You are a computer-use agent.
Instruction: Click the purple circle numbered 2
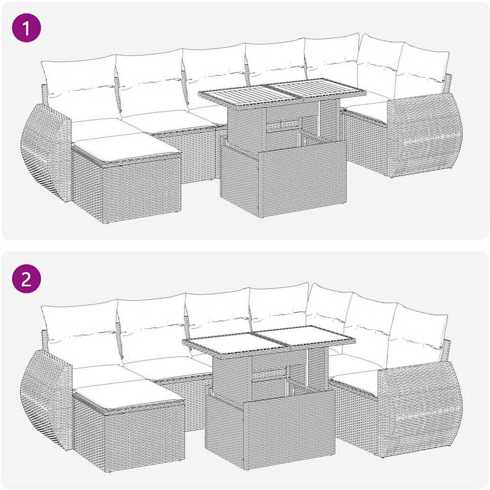click(27, 278)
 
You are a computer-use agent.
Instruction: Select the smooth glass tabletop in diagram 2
click(269, 339)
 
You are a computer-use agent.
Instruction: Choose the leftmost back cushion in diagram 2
click(81, 331)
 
